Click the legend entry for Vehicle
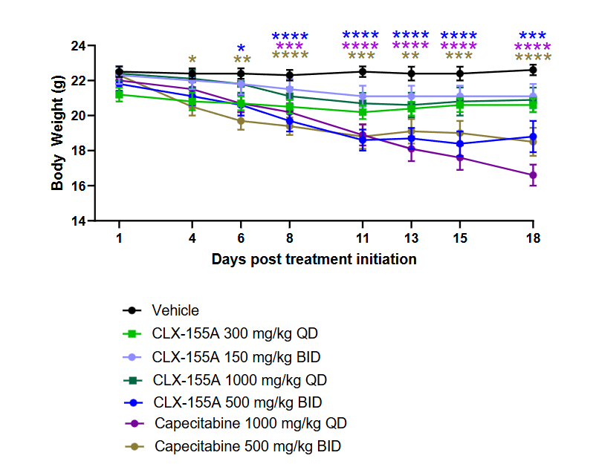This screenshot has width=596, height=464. coord(175,310)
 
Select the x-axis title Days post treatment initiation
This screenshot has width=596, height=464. coord(314,259)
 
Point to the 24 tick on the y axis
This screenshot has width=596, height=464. coord(77,45)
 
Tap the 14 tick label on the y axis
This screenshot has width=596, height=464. coord(77,221)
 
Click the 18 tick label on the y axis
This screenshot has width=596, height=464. coord(77,151)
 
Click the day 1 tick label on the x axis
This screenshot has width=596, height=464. coord(119,238)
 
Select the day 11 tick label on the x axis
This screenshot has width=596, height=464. coord(362,238)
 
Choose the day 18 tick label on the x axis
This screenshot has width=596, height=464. coord(533,238)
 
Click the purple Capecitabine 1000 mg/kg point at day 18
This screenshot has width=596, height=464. coord(533,175)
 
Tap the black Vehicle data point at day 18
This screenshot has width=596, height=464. coord(533,70)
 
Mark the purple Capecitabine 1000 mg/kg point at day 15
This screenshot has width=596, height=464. coord(460,157)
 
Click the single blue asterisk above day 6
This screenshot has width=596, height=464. coord(241,49)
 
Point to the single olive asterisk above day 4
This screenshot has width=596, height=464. coord(192,60)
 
